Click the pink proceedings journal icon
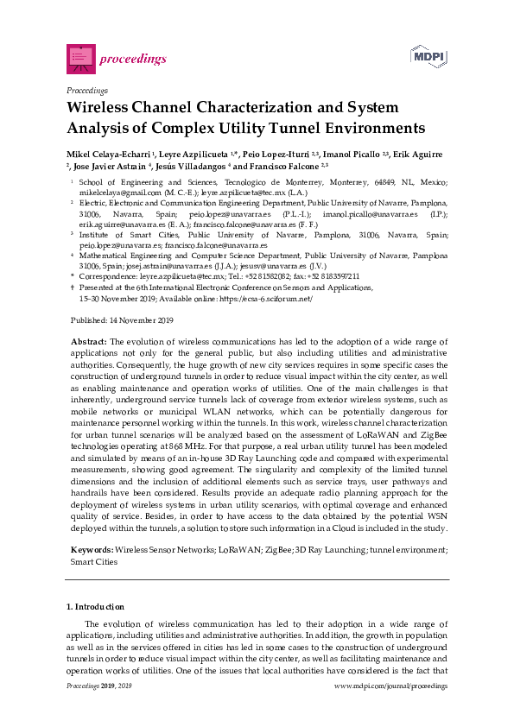pos(80,57)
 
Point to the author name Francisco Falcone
pos(281,165)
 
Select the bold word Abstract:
pos(88,343)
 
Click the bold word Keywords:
pos(91,550)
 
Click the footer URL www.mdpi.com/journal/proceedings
pos(390,685)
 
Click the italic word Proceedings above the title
pos(86,91)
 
